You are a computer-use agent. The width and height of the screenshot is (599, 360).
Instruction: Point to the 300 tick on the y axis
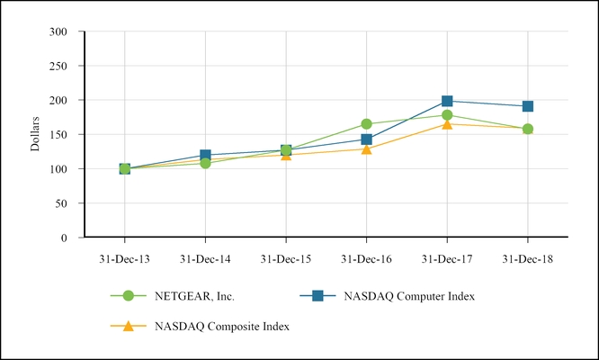pos(58,31)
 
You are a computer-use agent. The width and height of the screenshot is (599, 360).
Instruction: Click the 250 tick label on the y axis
pos(58,66)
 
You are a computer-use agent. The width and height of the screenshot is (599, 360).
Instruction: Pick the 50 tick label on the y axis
pos(62,203)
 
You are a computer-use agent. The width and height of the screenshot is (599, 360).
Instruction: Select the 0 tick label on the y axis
pos(66,238)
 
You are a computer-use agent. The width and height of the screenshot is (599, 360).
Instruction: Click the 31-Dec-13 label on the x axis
pos(124,258)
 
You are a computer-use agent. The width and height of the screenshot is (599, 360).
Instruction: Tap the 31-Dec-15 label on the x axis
pos(286,258)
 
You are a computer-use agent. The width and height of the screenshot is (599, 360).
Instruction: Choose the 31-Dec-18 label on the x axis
pos(528,258)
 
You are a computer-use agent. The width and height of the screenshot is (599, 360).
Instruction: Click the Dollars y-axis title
pos(35,133)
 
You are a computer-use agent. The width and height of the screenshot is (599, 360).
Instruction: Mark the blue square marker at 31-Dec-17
pos(447,102)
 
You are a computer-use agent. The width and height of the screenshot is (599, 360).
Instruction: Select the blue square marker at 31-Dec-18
pos(528,106)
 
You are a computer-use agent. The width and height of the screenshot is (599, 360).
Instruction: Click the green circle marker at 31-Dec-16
pos(366,124)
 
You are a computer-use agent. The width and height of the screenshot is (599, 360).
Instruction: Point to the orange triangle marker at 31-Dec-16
pos(366,148)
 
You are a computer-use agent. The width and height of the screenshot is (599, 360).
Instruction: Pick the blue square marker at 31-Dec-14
pos(205,155)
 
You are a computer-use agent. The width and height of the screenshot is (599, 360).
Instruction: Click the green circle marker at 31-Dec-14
pos(205,163)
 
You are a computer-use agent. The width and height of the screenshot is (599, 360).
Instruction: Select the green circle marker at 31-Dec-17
pos(447,114)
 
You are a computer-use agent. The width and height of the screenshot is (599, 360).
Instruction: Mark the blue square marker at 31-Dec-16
pos(366,139)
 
